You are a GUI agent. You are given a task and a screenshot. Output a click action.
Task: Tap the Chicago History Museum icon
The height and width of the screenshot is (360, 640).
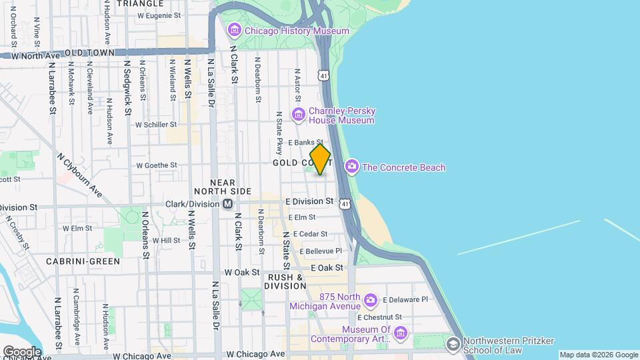234,31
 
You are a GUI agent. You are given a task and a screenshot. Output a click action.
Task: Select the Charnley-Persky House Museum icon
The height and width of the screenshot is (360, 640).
298,115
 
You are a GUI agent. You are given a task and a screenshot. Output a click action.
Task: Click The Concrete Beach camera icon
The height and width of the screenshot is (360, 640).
351,167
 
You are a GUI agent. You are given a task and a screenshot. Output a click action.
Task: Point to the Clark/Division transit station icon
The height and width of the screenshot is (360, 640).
228,203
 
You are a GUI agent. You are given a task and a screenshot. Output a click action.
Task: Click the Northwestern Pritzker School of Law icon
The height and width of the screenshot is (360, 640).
453,344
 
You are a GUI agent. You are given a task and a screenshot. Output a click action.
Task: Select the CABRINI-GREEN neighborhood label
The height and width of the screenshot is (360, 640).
83,261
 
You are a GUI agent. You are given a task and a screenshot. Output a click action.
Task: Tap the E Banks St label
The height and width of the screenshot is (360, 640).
305,142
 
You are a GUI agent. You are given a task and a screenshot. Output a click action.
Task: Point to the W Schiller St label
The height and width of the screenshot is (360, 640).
156,124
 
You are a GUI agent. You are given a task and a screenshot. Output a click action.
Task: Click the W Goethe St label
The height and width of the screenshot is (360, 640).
157,165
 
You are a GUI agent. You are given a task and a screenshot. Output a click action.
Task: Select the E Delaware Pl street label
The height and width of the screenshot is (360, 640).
405,300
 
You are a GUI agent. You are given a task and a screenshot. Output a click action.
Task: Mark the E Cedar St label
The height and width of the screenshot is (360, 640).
307,234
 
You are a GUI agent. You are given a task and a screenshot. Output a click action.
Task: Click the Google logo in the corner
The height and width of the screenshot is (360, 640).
21,351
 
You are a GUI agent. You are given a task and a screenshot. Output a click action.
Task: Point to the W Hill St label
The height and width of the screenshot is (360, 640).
167,240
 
